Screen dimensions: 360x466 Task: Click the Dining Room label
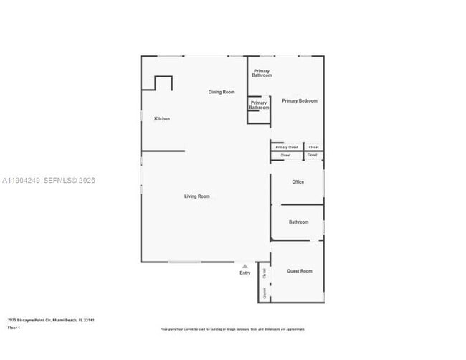click(222, 92)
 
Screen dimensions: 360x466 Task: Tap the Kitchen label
click(162, 118)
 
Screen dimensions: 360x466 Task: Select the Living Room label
click(197, 196)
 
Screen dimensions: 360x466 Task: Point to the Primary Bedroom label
click(299, 101)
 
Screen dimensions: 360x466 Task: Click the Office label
click(298, 182)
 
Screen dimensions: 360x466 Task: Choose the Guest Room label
click(300, 271)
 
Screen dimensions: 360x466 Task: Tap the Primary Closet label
click(287, 148)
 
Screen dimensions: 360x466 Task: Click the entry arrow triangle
click(244, 266)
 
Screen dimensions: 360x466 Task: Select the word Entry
click(245, 273)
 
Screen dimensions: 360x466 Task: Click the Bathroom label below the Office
click(298, 222)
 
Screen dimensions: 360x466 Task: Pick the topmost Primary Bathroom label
click(262, 73)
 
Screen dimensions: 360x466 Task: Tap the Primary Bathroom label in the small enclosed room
click(258, 105)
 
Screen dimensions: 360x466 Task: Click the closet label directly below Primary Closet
click(285, 156)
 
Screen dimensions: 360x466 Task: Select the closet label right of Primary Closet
click(313, 148)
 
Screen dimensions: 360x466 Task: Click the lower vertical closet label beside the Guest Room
click(265, 293)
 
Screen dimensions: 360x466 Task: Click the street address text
click(51, 320)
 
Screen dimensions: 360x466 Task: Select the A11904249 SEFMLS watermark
click(48, 181)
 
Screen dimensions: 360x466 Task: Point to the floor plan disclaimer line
click(233, 329)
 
